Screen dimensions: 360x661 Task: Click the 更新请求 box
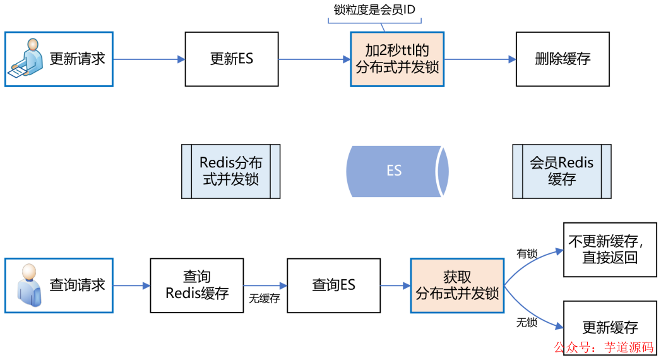coord(59,59)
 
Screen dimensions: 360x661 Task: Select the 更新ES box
coord(231,59)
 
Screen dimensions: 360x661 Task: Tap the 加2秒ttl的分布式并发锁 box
coord(397,59)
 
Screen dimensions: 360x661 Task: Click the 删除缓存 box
coord(563,59)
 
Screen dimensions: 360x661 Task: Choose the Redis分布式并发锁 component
coord(230,171)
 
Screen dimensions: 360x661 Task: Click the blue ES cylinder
coord(396,171)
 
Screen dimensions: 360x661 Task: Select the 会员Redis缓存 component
coord(561,171)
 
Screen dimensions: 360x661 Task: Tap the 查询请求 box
coord(59,285)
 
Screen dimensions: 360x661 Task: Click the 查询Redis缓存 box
coord(196,285)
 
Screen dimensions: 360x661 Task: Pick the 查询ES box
coord(333,285)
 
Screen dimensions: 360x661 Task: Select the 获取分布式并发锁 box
coord(457,285)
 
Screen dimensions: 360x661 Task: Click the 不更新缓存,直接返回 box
coord(609,249)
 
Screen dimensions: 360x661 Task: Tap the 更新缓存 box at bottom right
coord(609,327)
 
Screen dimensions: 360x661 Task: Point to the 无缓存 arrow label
coord(265,299)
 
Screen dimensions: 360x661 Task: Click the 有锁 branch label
coord(527,254)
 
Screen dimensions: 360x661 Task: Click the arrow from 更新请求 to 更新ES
coord(149,59)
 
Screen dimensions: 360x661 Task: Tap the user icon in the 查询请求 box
coord(28,285)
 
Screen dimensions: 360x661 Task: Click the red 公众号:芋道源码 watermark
coord(604,347)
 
